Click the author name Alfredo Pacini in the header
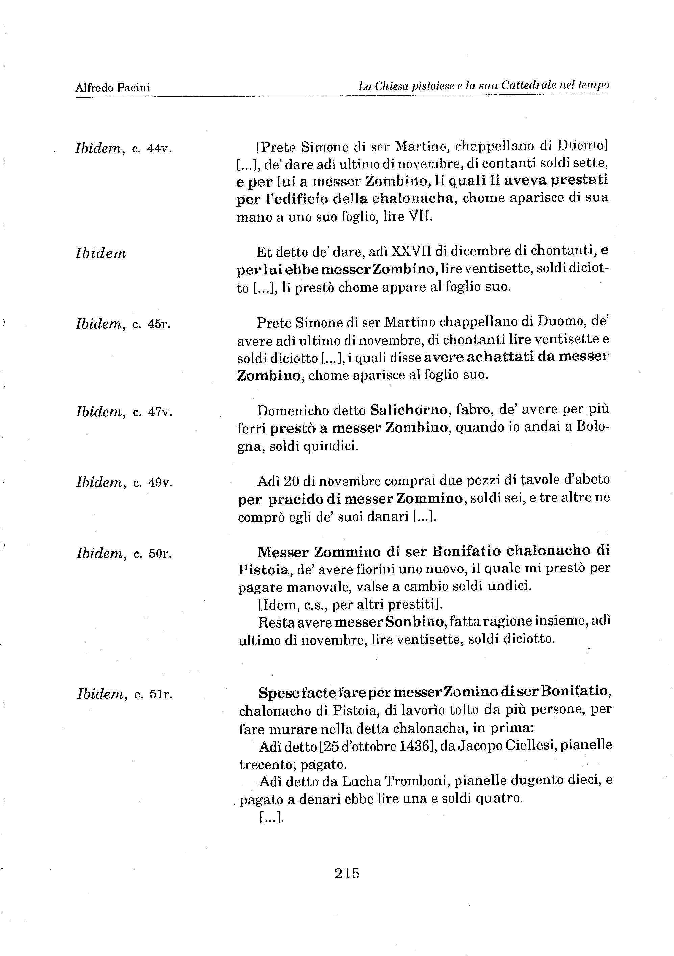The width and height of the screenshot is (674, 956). click(113, 88)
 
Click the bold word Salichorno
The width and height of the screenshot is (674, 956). click(409, 411)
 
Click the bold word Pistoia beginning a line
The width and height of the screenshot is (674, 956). click(264, 569)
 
